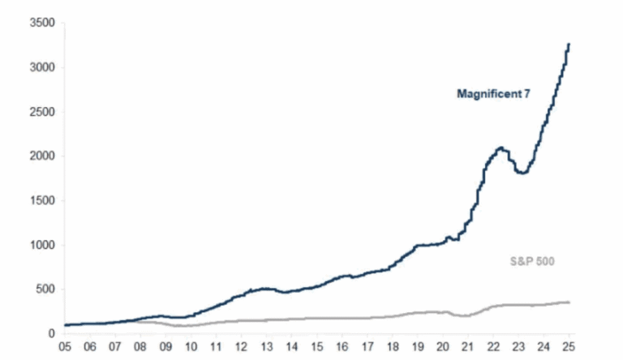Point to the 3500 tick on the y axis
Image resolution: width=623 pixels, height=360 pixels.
(41, 24)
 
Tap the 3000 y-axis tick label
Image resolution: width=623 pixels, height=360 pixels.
(41, 67)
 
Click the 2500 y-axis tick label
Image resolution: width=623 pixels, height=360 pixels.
(41, 112)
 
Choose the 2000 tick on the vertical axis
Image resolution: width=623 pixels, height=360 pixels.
(41, 156)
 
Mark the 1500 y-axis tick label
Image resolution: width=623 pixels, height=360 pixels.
(41, 200)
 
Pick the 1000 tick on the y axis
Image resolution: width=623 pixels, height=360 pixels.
(41, 245)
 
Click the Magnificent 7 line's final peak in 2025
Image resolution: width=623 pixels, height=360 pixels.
(568, 45)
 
